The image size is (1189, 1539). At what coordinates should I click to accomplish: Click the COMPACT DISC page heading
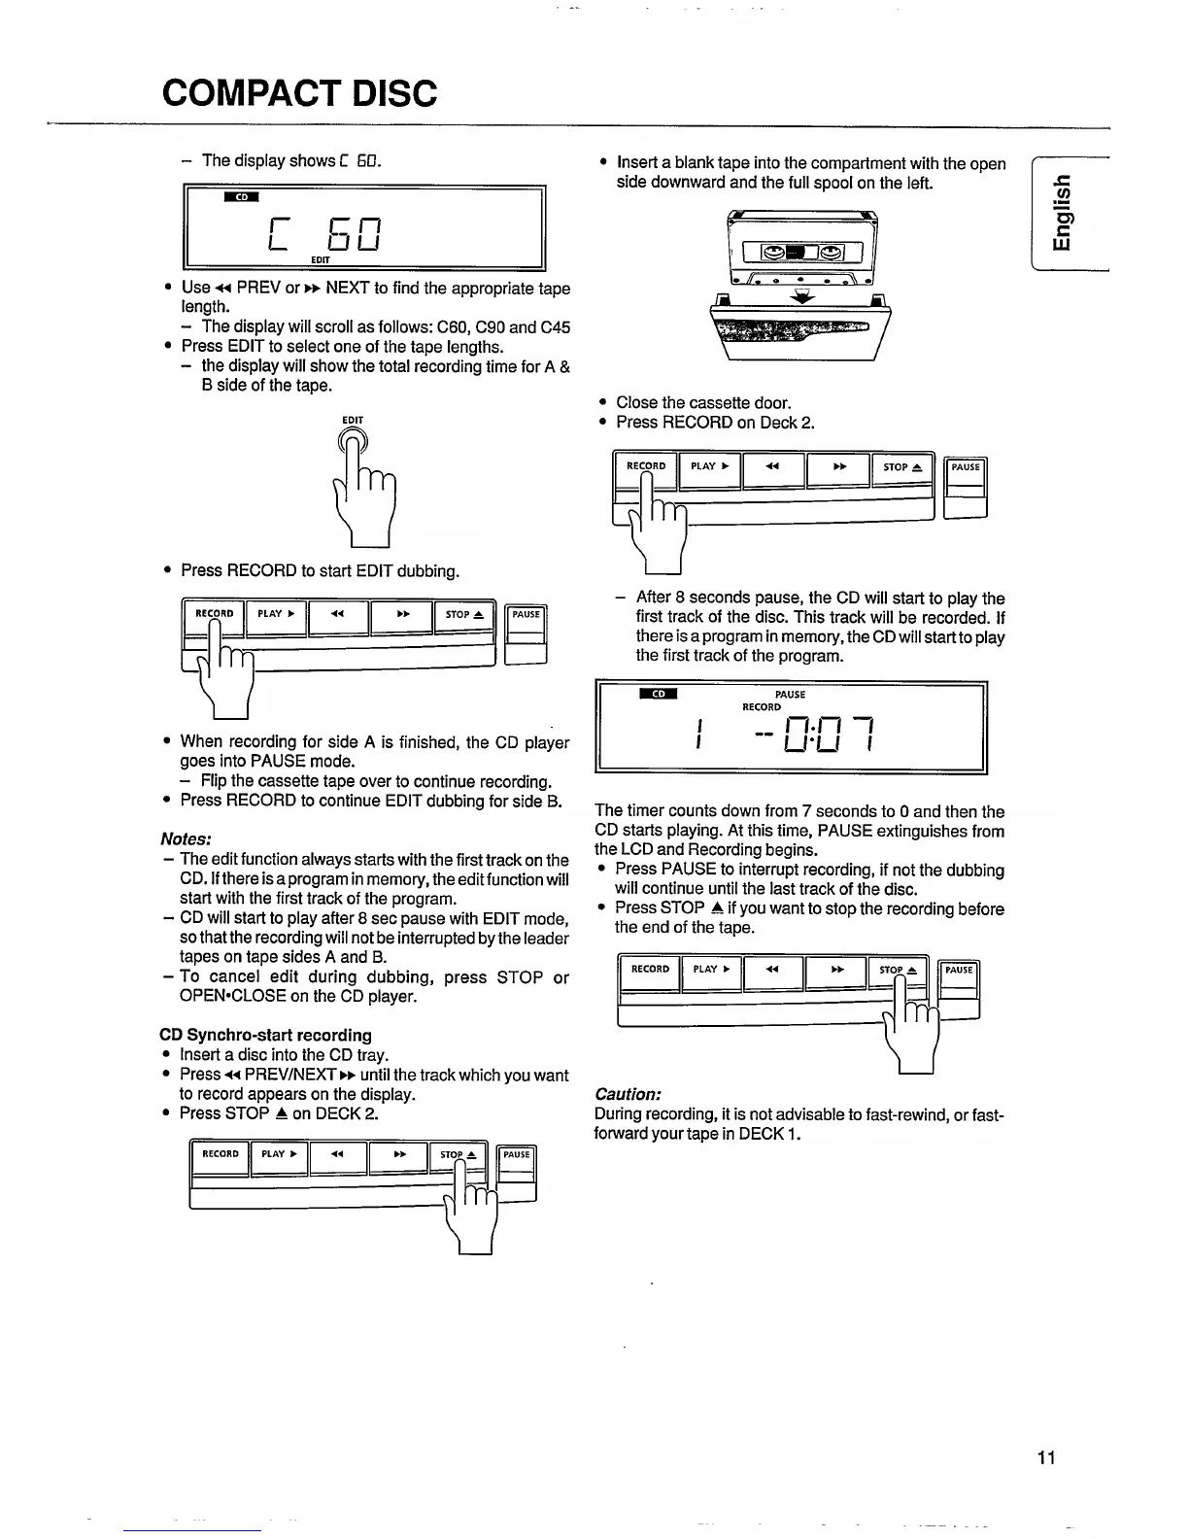300,93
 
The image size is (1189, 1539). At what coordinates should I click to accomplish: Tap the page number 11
1045,1457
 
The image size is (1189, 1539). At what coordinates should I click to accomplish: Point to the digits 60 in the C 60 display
353,234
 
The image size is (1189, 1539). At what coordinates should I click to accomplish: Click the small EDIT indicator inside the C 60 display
321,260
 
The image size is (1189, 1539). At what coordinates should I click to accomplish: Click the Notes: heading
187,838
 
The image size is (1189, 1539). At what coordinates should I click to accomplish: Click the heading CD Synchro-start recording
265,1035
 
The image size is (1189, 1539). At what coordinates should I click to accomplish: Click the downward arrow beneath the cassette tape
802,300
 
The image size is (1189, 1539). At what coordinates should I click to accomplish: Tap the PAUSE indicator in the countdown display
791,695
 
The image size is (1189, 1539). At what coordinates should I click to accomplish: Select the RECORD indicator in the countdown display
762,707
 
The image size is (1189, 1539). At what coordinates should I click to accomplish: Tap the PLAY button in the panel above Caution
711,970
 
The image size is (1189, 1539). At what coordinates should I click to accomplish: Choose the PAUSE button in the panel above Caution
959,970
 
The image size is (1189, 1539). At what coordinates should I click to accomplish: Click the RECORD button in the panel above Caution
650,970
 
